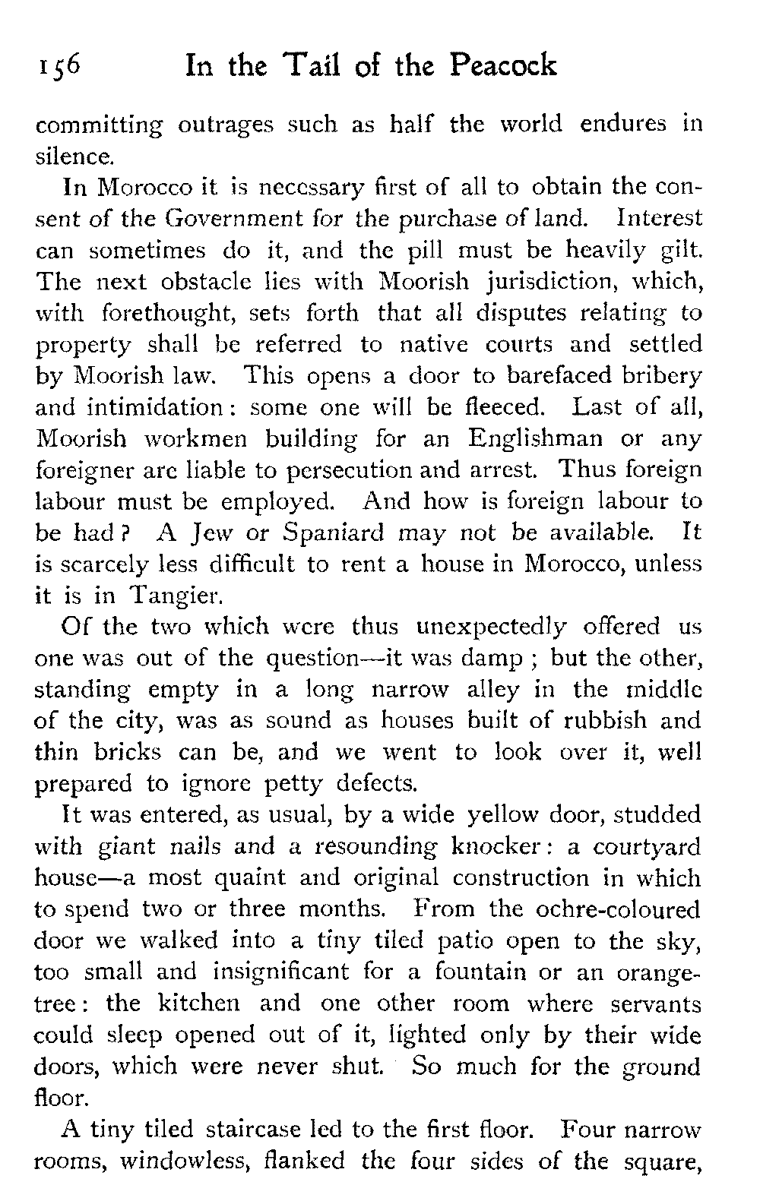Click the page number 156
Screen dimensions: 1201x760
point(58,68)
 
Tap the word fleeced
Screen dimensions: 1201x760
point(496,408)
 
